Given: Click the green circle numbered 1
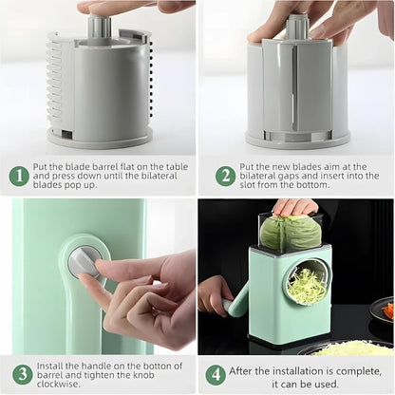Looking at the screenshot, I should (x=19, y=176).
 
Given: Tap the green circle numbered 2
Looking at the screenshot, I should (x=226, y=176).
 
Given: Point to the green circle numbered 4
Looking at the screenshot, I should (x=216, y=373).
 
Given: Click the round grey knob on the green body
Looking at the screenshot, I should (x=85, y=261).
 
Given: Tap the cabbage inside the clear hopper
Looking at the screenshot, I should (x=291, y=233).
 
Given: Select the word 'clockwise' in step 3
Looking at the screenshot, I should (x=61, y=386).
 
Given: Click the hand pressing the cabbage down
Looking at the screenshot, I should (x=295, y=206).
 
